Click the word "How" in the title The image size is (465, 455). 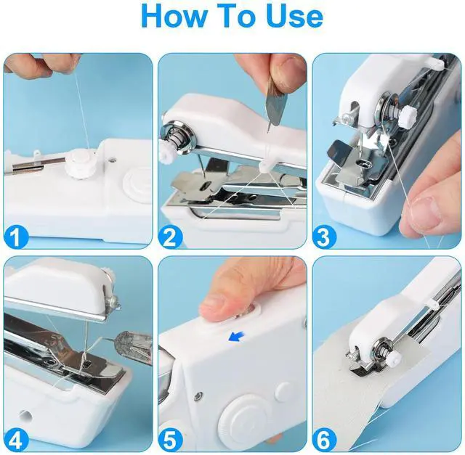tap(173, 16)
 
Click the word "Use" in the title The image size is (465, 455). tap(294, 16)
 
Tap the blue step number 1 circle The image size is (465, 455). tap(16, 237)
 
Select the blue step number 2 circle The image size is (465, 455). tap(170, 237)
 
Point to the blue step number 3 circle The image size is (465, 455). tap(325, 237)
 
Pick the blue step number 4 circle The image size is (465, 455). tap(16, 440)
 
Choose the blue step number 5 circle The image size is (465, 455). tap(170, 440)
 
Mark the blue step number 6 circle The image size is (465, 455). tap(325, 440)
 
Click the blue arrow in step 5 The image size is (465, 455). tap(238, 337)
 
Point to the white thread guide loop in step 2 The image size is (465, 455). tap(265, 166)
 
